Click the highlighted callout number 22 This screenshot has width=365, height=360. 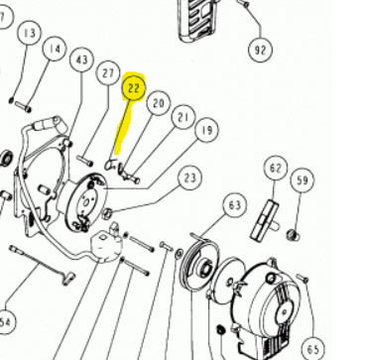click(134, 87)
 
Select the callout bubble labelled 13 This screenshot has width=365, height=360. click(30, 33)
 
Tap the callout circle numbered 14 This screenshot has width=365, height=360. click(55, 49)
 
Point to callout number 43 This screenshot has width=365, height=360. click(82, 60)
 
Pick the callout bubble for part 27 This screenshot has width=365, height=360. click(108, 73)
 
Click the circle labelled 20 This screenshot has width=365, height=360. click(159, 103)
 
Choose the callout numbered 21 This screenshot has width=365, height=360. click(183, 117)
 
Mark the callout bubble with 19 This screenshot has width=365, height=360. click(207, 130)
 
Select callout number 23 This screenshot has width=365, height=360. click(189, 179)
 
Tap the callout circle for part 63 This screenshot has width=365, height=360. click(235, 205)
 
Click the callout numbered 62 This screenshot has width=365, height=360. click(276, 168)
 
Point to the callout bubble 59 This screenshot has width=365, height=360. click(303, 180)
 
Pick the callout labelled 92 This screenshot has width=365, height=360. click(261, 50)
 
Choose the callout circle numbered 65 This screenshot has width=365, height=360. click(313, 349)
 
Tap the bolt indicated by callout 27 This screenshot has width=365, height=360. click(85, 161)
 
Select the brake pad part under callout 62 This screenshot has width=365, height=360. click(265, 220)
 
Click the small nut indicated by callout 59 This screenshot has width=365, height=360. click(294, 235)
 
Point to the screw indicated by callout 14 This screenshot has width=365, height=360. click(23, 106)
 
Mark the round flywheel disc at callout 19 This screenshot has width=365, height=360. click(85, 202)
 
